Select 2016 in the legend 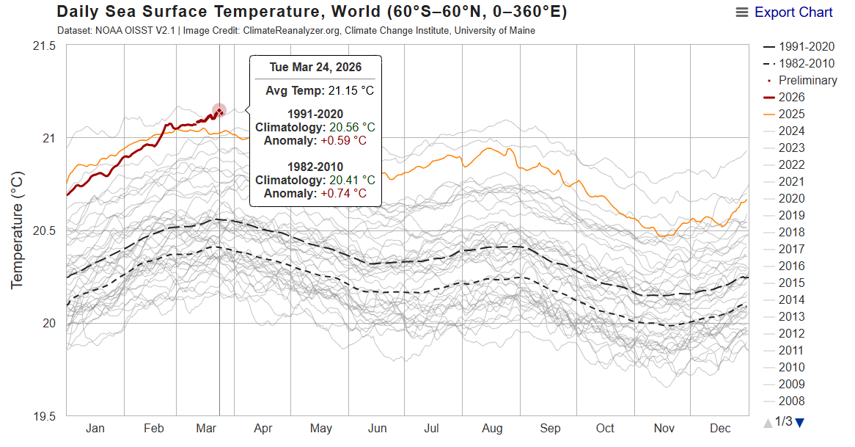791,266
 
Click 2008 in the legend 791,401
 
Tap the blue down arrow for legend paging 800,422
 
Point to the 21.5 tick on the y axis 43,46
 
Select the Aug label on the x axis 492,429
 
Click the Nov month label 664,429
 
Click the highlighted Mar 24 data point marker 219,111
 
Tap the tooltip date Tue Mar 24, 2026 315,67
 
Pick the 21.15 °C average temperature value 351,91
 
